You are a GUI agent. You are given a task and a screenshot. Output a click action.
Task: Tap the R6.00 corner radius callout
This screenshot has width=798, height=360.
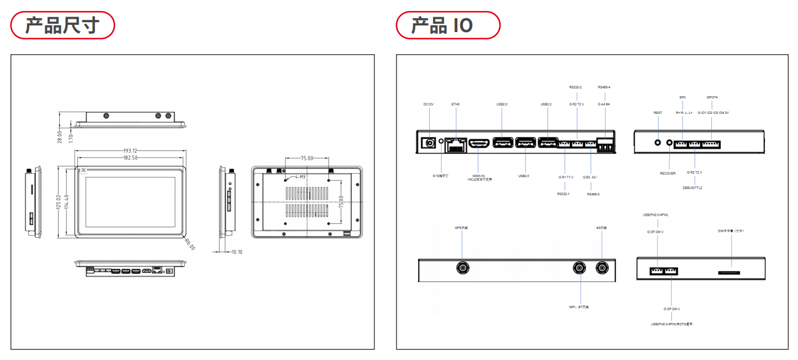point(190,244)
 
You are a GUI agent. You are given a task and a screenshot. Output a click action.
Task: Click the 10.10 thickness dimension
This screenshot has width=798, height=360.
point(237,252)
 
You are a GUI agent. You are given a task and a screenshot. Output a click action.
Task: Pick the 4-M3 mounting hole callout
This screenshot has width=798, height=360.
point(300,177)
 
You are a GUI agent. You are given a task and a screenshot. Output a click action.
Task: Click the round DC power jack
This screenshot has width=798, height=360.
point(428,143)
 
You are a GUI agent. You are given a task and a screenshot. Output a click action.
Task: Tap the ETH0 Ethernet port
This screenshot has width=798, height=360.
point(456,145)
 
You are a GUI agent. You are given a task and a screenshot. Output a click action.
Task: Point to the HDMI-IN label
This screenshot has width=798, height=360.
point(479,175)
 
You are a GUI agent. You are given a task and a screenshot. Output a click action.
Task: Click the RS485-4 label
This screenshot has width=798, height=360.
point(604,87)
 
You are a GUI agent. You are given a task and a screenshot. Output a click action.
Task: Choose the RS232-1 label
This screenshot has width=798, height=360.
point(564,194)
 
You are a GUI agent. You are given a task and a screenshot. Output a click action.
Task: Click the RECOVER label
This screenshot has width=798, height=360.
point(667,173)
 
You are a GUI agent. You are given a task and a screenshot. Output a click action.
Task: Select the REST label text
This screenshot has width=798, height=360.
point(658,113)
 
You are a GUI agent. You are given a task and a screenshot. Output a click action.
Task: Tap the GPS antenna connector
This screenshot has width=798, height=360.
point(462,268)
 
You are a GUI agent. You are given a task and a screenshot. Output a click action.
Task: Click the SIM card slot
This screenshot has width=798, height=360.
point(731,272)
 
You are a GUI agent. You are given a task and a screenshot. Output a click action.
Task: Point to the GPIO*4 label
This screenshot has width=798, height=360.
point(712,97)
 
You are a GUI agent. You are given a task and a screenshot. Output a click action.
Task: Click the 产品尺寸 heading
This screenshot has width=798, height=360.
point(62,25)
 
